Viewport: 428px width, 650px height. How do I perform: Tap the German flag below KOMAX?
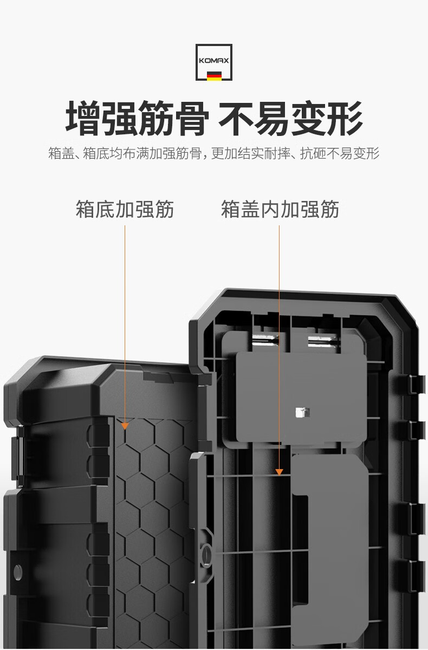click(x=214, y=75)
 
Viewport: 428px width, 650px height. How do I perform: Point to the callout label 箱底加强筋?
click(x=125, y=209)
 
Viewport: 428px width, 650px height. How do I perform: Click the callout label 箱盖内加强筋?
click(x=280, y=209)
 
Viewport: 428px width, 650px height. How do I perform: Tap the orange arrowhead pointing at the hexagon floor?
click(x=125, y=426)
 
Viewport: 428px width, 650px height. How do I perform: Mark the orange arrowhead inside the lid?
click(x=280, y=472)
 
